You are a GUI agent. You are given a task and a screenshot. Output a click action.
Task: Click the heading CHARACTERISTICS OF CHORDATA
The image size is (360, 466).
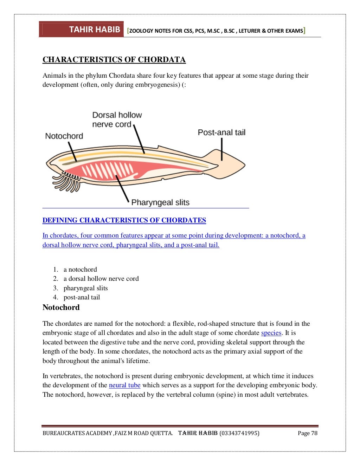point(114,60)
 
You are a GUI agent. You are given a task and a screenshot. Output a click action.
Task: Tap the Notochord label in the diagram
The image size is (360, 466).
point(64,136)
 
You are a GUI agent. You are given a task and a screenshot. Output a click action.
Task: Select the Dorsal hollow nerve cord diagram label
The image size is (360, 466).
point(117,119)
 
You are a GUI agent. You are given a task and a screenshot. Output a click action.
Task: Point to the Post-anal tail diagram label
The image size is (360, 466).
point(221,132)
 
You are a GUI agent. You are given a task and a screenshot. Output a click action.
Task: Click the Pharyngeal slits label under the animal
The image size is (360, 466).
point(160,202)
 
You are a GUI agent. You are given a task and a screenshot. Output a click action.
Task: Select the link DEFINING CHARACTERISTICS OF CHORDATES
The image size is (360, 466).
point(124,220)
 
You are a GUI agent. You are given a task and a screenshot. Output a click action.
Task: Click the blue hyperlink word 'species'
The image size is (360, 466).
point(271,333)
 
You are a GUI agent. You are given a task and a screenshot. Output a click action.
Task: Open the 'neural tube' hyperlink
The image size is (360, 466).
point(124,385)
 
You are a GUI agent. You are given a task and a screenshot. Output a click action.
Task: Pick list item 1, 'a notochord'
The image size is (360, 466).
point(80,270)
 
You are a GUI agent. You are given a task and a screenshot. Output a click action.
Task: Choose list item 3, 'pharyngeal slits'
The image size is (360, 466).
point(85,288)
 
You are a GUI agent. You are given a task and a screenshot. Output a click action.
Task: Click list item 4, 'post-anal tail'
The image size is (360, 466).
point(82,297)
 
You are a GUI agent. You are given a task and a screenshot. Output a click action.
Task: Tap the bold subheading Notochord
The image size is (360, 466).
point(61,308)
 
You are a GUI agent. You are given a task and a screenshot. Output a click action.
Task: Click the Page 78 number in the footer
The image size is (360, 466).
point(307,433)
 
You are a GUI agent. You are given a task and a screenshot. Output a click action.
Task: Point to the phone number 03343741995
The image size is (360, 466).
point(239,433)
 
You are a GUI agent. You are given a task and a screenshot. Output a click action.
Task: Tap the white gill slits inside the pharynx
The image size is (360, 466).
point(107,170)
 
